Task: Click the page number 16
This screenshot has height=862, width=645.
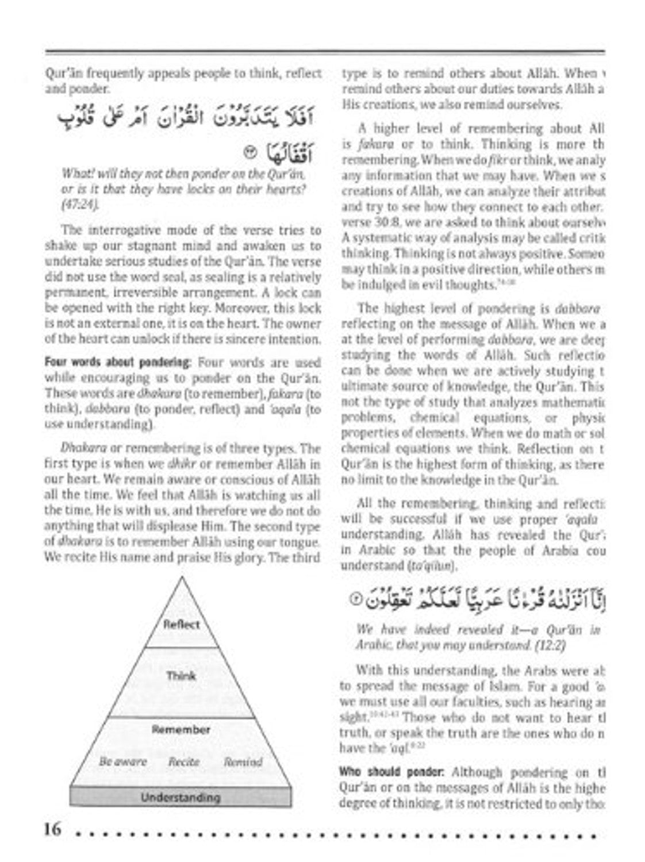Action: point(51,829)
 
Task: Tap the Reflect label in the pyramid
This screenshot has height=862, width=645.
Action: point(182,625)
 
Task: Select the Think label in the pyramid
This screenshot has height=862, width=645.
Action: point(181,675)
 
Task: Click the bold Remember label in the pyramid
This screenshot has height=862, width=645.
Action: point(181,730)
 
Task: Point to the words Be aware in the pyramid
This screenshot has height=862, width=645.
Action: point(123,762)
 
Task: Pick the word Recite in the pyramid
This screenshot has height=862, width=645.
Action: point(184,762)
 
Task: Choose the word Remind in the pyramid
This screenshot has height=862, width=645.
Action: point(243,762)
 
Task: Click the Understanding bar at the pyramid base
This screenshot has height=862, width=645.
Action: point(181,798)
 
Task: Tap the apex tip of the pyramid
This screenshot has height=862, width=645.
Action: point(182,578)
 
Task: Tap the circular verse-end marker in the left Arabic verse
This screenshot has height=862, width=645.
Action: point(249,153)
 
